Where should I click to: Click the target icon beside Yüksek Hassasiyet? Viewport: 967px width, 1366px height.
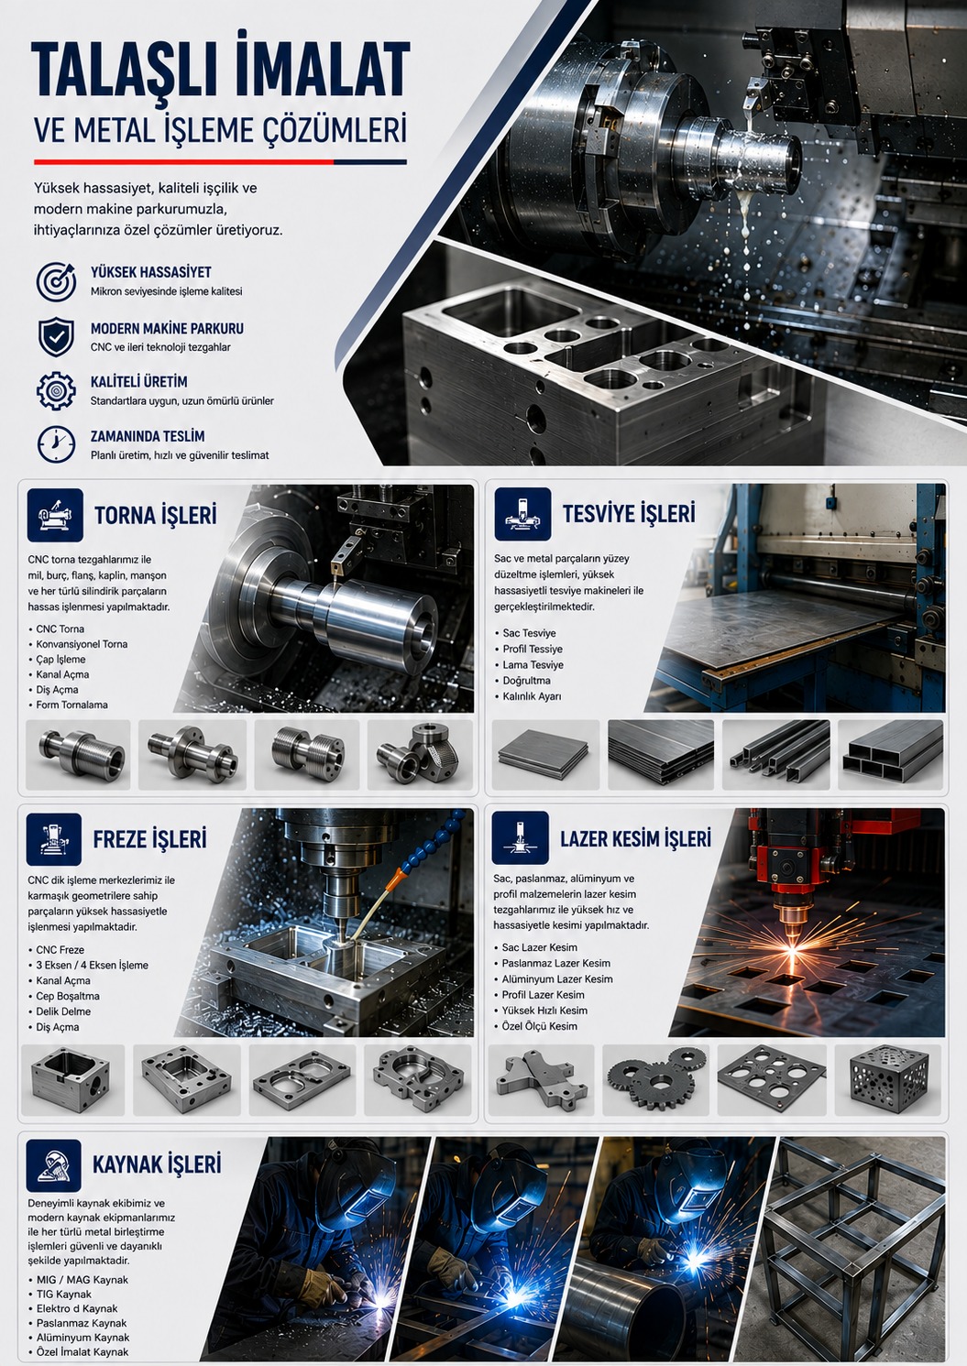[x=56, y=280]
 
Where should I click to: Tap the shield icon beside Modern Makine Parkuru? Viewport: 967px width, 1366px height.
[x=56, y=336]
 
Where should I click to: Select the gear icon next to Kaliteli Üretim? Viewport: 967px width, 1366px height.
[x=56, y=390]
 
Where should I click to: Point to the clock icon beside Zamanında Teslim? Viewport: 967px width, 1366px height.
[x=56, y=444]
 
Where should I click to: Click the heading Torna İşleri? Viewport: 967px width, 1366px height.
[x=156, y=515]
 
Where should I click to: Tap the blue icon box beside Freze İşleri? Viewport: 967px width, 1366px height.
[x=54, y=839]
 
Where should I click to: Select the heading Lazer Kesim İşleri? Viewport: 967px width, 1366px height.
[x=636, y=838]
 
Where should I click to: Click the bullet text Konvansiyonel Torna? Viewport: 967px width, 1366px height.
[x=82, y=644]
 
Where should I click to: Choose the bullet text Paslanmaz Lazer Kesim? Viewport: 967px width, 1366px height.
[x=555, y=963]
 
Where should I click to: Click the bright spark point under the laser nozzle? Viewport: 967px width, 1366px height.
[x=792, y=951]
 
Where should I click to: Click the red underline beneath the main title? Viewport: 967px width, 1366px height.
[x=183, y=162]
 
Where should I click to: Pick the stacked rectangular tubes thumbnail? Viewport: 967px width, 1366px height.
[x=891, y=755]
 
